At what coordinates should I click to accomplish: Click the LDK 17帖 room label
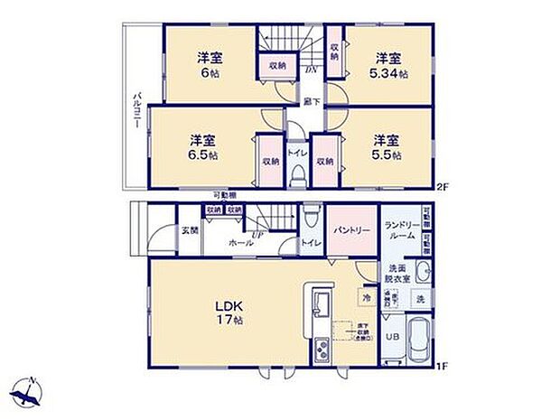pyautogui.click(x=226, y=313)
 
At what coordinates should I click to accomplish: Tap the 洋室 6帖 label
pyautogui.click(x=210, y=65)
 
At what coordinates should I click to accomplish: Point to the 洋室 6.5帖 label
pyautogui.click(x=202, y=147)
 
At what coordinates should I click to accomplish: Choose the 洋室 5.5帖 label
pyautogui.click(x=387, y=147)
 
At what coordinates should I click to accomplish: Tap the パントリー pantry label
pyautogui.click(x=351, y=231)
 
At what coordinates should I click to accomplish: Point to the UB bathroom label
pyautogui.click(x=392, y=336)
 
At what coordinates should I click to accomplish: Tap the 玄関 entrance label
pyautogui.click(x=189, y=231)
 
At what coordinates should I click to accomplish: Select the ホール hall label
pyautogui.click(x=240, y=243)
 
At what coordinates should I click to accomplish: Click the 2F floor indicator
pyautogui.click(x=442, y=188)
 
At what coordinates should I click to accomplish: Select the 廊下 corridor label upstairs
pyautogui.click(x=310, y=101)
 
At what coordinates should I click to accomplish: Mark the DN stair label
pyautogui.click(x=309, y=70)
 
